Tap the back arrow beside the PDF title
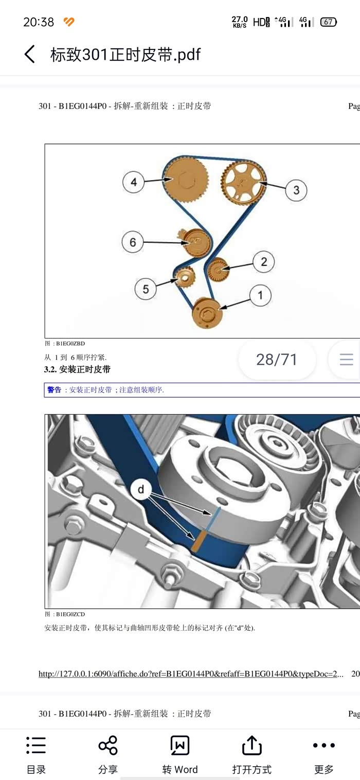(x=30, y=55)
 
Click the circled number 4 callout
(x=134, y=182)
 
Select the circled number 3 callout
(x=296, y=190)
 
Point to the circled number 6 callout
(x=133, y=242)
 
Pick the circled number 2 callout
(x=264, y=261)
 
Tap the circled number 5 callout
(x=146, y=289)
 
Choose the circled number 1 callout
(x=260, y=295)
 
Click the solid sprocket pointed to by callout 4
(x=186, y=180)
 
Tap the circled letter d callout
(x=141, y=490)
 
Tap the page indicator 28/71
(x=277, y=360)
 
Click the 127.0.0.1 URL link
(x=191, y=674)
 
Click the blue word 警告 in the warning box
(x=54, y=389)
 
